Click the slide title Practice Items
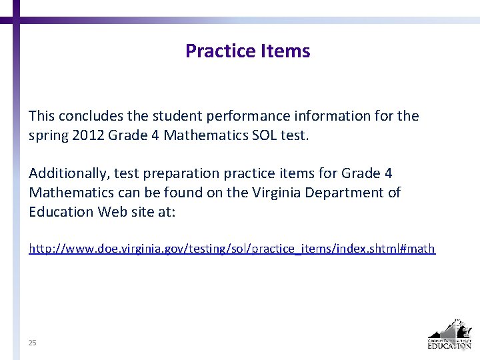click(247, 51)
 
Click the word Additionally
click(67, 173)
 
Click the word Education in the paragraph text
click(61, 212)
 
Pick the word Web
click(113, 212)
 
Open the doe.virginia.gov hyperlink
click(231, 249)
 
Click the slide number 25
click(32, 343)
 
